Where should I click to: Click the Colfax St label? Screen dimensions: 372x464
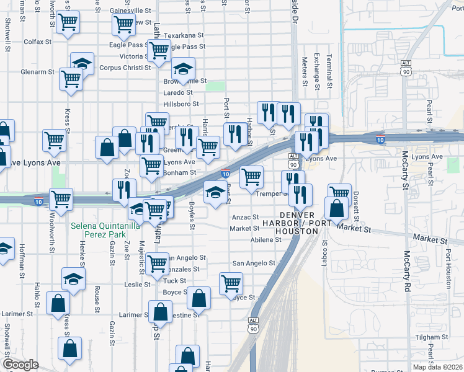(37, 42)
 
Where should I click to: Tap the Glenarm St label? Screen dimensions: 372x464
(37, 72)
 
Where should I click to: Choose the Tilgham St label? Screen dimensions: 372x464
(427, 337)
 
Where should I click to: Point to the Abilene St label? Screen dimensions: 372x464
(267, 240)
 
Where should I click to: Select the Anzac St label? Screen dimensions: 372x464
(245, 218)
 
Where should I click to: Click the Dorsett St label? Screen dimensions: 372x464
(357, 205)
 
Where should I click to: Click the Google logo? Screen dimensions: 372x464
(20, 365)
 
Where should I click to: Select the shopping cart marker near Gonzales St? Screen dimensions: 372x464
(158, 263)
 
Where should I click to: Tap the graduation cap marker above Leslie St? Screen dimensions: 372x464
(73, 279)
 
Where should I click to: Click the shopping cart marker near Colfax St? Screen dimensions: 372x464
(68, 24)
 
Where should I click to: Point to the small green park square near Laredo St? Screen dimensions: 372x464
(215, 86)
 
